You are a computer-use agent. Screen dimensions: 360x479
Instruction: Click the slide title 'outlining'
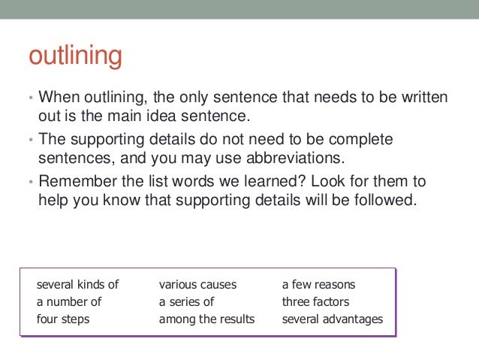click(74, 57)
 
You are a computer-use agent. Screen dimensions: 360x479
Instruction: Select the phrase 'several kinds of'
click(77, 285)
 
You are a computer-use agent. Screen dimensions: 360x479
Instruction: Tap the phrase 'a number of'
click(68, 302)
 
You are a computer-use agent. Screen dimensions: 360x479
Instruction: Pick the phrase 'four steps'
click(62, 319)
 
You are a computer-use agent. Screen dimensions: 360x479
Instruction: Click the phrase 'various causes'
click(197, 285)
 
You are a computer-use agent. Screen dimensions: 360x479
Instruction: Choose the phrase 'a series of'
click(186, 302)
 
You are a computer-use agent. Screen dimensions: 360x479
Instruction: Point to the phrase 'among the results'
click(206, 319)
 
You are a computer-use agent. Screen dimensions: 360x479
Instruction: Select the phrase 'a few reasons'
click(318, 285)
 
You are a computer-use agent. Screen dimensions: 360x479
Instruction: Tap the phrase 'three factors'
click(315, 302)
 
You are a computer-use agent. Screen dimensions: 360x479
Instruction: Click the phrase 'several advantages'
click(332, 319)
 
